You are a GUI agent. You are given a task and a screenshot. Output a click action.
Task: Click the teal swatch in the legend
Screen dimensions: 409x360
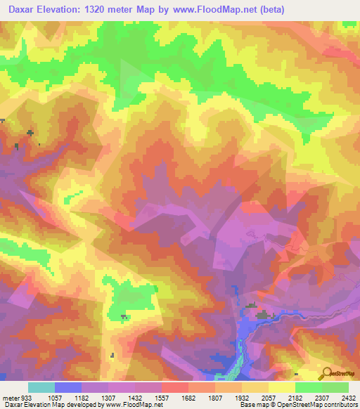coord(41,387)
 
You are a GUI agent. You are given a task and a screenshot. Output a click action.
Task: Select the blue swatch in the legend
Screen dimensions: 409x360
coord(68,387)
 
